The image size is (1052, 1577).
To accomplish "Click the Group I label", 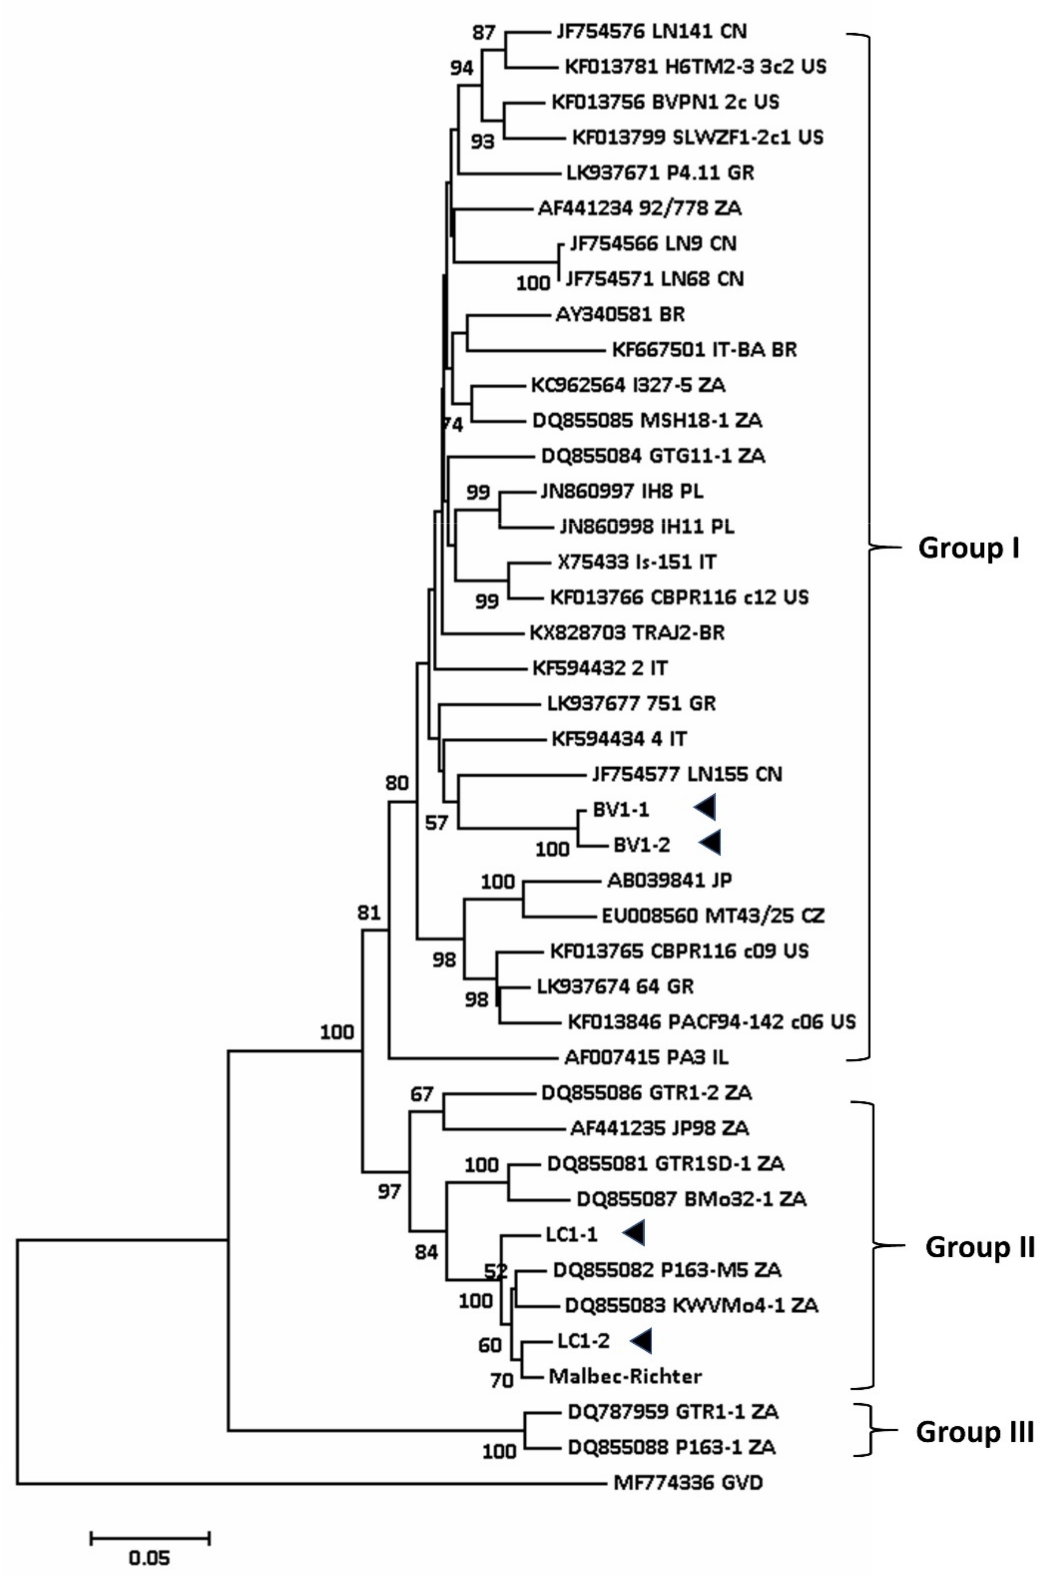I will [968, 548].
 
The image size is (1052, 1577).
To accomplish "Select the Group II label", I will [980, 1247].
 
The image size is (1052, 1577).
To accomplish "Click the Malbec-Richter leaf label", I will [625, 1377].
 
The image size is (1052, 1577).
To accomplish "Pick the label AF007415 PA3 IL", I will [646, 1058].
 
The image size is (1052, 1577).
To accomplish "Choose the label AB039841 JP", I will [669, 880].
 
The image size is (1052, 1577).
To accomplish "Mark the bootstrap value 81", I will [369, 912].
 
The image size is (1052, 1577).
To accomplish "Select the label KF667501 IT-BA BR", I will [704, 350].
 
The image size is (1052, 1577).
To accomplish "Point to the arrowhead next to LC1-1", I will [634, 1232].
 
